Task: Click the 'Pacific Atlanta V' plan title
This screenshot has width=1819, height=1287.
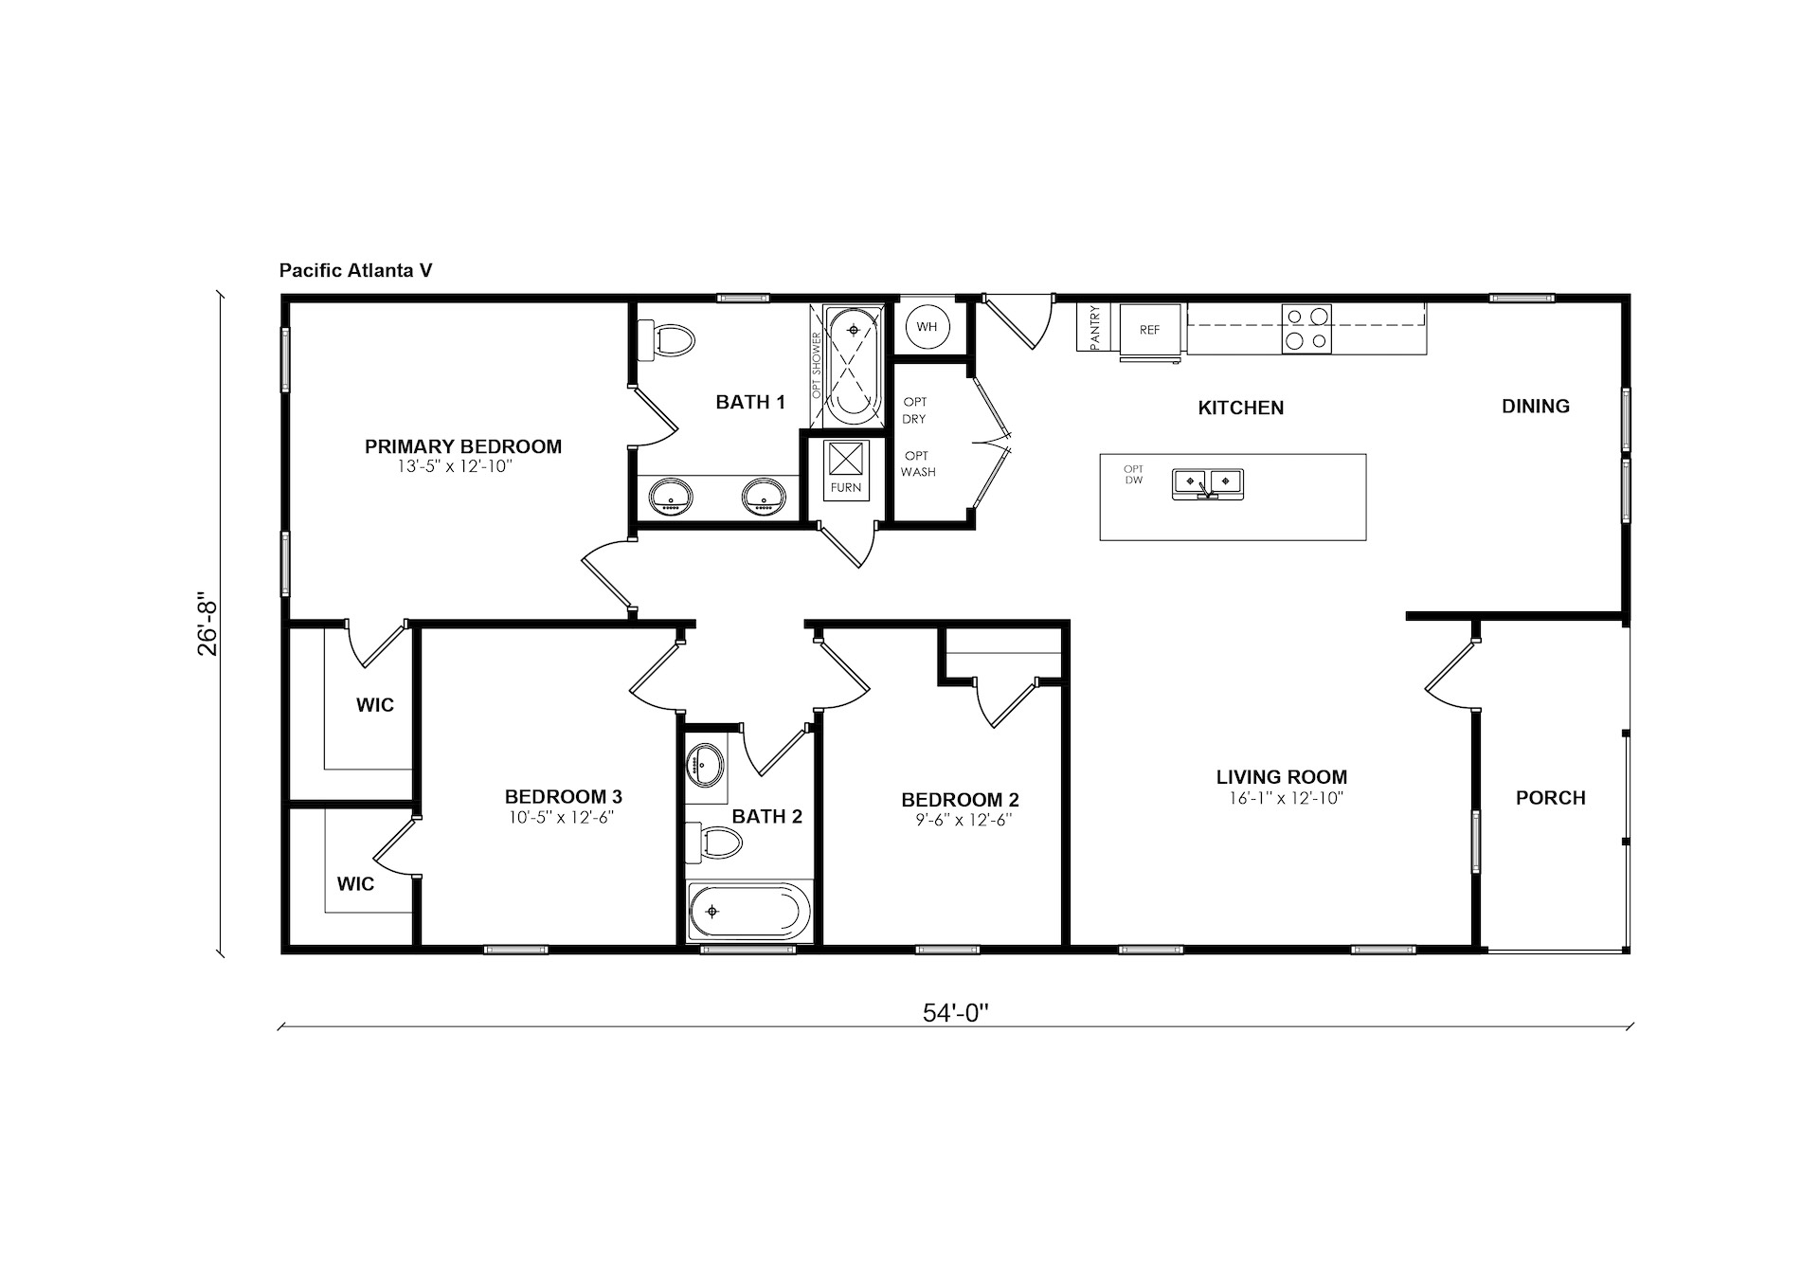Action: pos(355,270)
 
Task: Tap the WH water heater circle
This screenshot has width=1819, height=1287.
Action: pos(927,327)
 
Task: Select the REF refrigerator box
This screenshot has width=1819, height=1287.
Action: pos(1150,330)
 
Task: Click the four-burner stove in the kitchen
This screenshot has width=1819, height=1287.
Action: pos(1306,329)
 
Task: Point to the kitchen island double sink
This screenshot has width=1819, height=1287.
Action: pos(1208,483)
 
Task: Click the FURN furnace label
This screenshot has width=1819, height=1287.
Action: pos(846,488)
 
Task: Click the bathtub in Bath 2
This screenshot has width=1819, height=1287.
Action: pos(749,912)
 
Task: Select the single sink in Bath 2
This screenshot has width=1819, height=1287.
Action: pos(705,764)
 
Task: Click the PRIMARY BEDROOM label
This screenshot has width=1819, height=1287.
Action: pos(463,446)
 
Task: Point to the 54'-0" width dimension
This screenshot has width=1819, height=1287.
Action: pos(955,1013)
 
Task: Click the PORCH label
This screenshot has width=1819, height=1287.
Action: pos(1551,798)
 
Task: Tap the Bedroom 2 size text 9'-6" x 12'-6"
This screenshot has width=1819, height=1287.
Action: pos(964,821)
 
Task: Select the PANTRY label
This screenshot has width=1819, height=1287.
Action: pos(1095,327)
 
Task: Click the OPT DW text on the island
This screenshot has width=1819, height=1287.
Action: pos(1134,475)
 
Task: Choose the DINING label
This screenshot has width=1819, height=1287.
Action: pos(1536,407)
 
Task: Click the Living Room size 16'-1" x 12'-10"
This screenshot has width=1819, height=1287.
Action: pos(1287,799)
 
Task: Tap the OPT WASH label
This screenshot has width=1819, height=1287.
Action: pos(917,463)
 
